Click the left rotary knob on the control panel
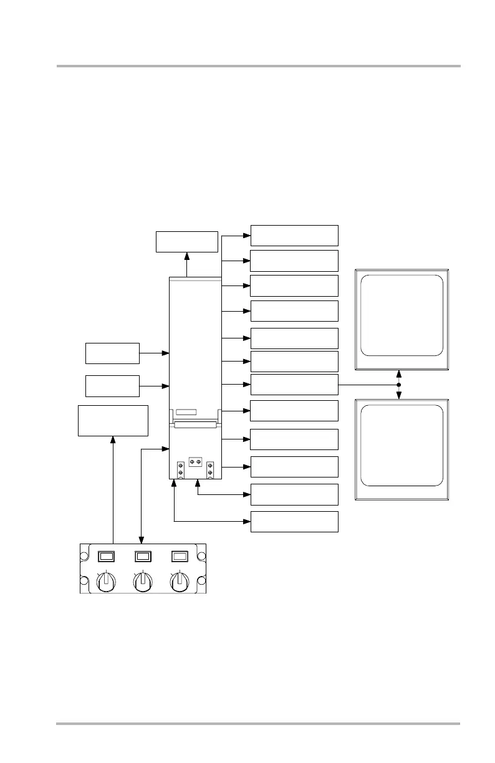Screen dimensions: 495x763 107,581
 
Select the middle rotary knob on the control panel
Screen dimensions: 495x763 143,581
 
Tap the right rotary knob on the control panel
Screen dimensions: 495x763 180,581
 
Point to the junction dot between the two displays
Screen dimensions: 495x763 398,385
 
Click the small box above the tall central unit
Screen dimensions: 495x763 186,241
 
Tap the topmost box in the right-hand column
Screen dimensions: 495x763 294,235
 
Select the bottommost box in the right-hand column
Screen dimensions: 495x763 294,522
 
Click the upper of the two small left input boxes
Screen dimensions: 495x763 112,353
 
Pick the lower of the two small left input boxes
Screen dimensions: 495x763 112,386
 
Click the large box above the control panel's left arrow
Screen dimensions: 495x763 113,420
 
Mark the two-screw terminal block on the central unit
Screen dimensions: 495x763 195,461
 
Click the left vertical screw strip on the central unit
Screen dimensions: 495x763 180,469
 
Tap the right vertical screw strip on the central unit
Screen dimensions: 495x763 210,469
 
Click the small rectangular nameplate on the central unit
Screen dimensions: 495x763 186,413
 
